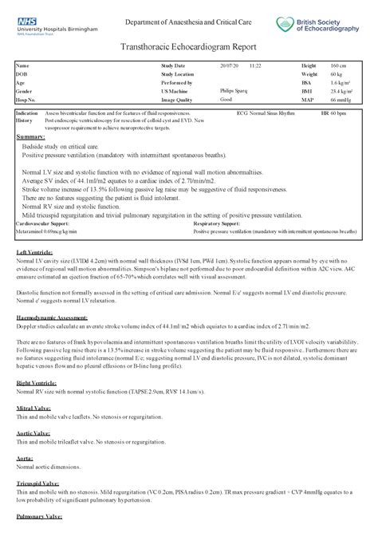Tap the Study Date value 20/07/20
point(228,65)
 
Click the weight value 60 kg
point(336,73)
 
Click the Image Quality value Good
point(226,100)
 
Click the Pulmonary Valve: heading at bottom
point(38,517)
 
